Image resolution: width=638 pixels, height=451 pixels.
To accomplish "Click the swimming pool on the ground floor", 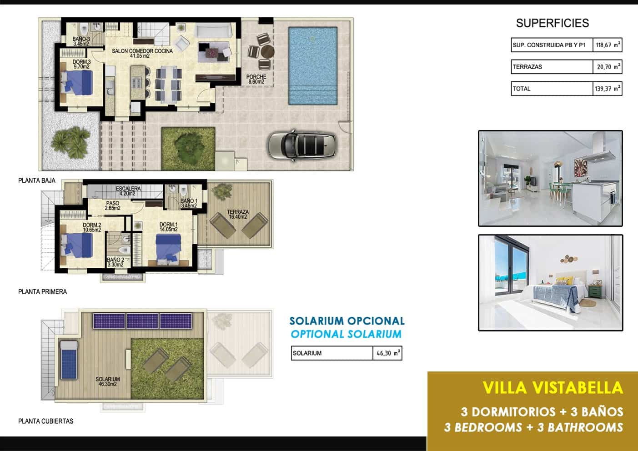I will point(313,65).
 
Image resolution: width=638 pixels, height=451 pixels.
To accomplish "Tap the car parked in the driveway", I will point(302,145).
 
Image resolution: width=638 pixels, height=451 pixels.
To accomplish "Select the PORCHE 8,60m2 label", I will point(256,79).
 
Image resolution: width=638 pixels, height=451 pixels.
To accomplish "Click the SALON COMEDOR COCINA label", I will point(142,54).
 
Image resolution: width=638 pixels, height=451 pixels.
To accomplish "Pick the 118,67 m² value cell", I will point(607,45).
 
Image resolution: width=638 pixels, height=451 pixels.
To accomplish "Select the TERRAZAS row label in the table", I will point(527,67).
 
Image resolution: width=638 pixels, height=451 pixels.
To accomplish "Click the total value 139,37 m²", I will point(607,89).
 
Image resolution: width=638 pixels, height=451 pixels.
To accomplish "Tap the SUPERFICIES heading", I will point(552,23).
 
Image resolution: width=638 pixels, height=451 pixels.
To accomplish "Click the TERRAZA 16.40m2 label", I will point(238,214).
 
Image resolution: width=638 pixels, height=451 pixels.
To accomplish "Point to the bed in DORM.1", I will point(168,247).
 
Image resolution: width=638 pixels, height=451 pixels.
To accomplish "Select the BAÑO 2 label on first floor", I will point(116,262).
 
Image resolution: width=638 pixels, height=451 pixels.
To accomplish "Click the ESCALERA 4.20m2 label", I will point(128,191).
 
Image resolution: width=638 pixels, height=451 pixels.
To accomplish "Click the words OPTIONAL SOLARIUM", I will point(346,334).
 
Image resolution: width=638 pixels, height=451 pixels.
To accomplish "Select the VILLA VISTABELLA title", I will point(552,388).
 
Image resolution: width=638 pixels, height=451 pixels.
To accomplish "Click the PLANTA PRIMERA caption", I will point(42,292).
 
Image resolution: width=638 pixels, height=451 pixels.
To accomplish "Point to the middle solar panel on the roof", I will point(142,321).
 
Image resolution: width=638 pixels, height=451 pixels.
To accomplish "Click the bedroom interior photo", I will point(550,283).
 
